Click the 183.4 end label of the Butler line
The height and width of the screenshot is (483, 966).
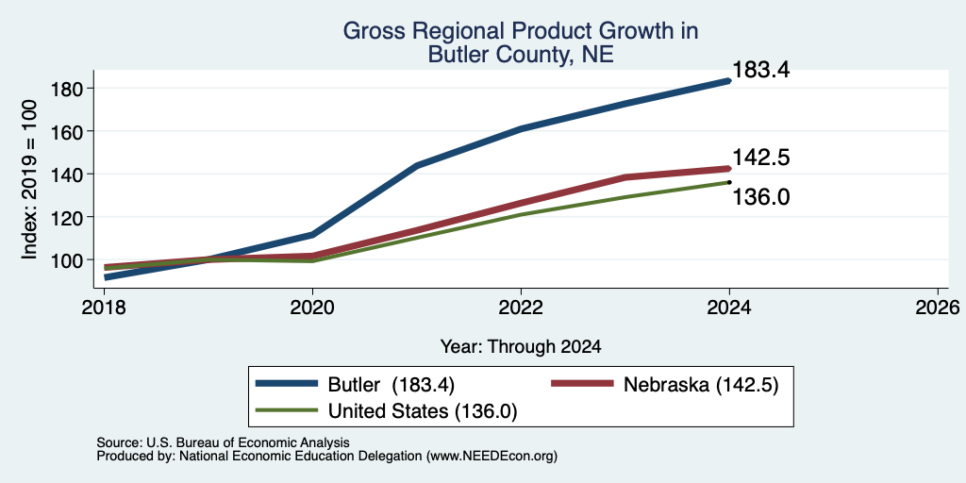point(761,70)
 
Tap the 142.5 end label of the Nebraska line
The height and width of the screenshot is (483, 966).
point(761,158)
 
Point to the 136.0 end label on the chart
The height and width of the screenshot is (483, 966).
point(761,198)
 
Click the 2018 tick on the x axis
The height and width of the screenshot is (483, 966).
point(104,307)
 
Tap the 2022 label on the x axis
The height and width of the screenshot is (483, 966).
point(521,307)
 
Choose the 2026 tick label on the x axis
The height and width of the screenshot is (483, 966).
point(938,307)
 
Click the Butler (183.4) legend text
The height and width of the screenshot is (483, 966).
point(391,385)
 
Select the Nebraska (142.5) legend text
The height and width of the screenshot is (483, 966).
point(701,385)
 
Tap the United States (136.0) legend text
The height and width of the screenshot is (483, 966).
point(423,411)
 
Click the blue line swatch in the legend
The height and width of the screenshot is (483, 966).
point(287,384)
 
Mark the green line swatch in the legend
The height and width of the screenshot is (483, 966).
point(287,410)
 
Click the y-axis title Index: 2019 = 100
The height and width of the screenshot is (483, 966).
point(29,179)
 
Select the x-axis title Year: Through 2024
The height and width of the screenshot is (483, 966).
point(521,346)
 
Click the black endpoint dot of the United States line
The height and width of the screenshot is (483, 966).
point(729,182)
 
